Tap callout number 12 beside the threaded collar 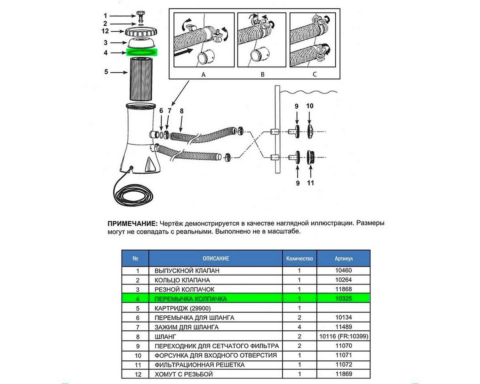tap(105, 31)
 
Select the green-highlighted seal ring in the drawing tap(142, 52)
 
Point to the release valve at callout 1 tap(140, 16)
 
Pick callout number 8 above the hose tap(181, 111)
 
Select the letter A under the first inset tap(203, 75)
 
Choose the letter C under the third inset tap(315, 74)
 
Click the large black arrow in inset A tap(183, 53)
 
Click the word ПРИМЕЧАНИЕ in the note tap(132, 223)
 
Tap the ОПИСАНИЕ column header tap(216, 259)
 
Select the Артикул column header tap(343, 259)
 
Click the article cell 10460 tap(343, 270)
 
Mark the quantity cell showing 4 tap(299, 327)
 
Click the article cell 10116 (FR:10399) tap(343, 336)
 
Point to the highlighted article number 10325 tap(343, 299)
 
